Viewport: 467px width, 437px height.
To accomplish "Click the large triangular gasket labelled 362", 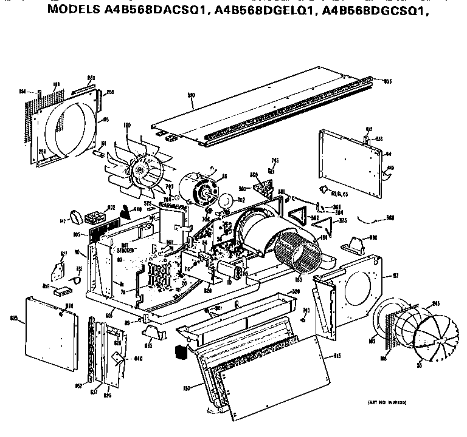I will coord(300,216).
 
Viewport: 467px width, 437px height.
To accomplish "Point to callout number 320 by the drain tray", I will coord(297,291).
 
